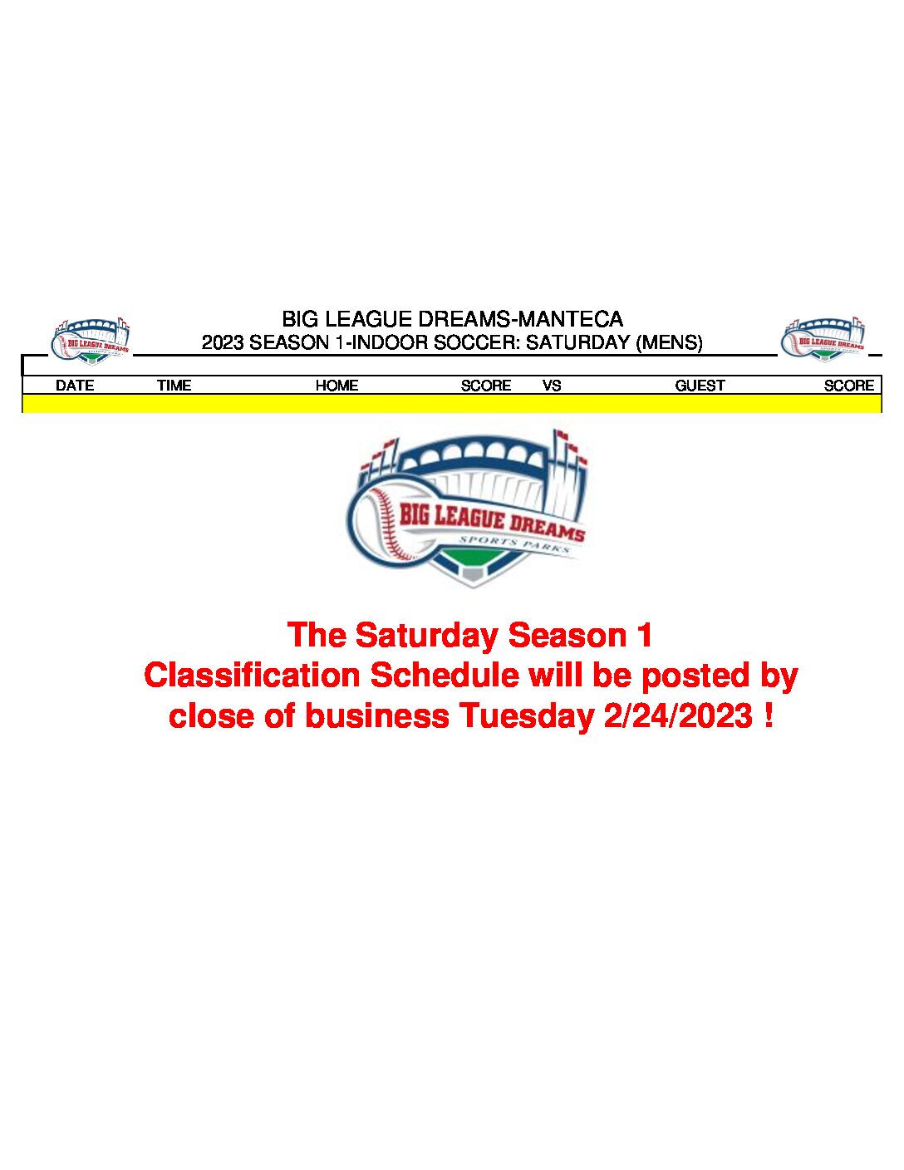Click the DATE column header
tap(75, 386)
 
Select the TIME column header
tap(174, 386)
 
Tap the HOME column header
tap(337, 386)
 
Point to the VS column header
tap(552, 386)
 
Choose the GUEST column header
tap(700, 386)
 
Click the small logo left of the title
tap(91, 341)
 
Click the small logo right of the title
tap(823, 339)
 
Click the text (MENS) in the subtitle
tap(669, 343)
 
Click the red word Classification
tap(252, 676)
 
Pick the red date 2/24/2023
tap(678, 716)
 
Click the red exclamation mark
tap(769, 716)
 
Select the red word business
tap(377, 716)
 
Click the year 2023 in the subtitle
tap(223, 342)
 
